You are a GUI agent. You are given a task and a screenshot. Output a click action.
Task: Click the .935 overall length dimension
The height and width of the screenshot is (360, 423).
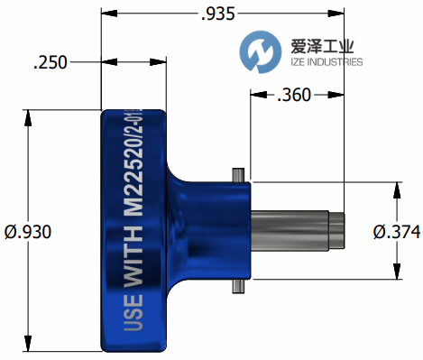(217, 14)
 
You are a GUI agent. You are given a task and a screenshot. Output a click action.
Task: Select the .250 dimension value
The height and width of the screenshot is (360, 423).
(51, 62)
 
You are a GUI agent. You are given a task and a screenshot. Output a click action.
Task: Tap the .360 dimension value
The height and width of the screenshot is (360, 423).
(294, 95)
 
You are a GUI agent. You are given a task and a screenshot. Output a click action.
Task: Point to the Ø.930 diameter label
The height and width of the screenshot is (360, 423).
(28, 232)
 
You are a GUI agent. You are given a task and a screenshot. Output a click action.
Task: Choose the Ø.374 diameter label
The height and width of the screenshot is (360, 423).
(397, 232)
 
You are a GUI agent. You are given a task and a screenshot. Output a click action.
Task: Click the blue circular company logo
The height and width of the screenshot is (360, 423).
(261, 51)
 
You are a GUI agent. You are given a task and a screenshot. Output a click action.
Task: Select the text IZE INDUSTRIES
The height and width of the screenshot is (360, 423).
(326, 62)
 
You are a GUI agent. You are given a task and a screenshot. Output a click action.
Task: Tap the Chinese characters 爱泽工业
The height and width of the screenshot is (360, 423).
(322, 46)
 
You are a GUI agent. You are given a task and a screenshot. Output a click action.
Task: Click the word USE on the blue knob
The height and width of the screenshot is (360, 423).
(133, 312)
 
